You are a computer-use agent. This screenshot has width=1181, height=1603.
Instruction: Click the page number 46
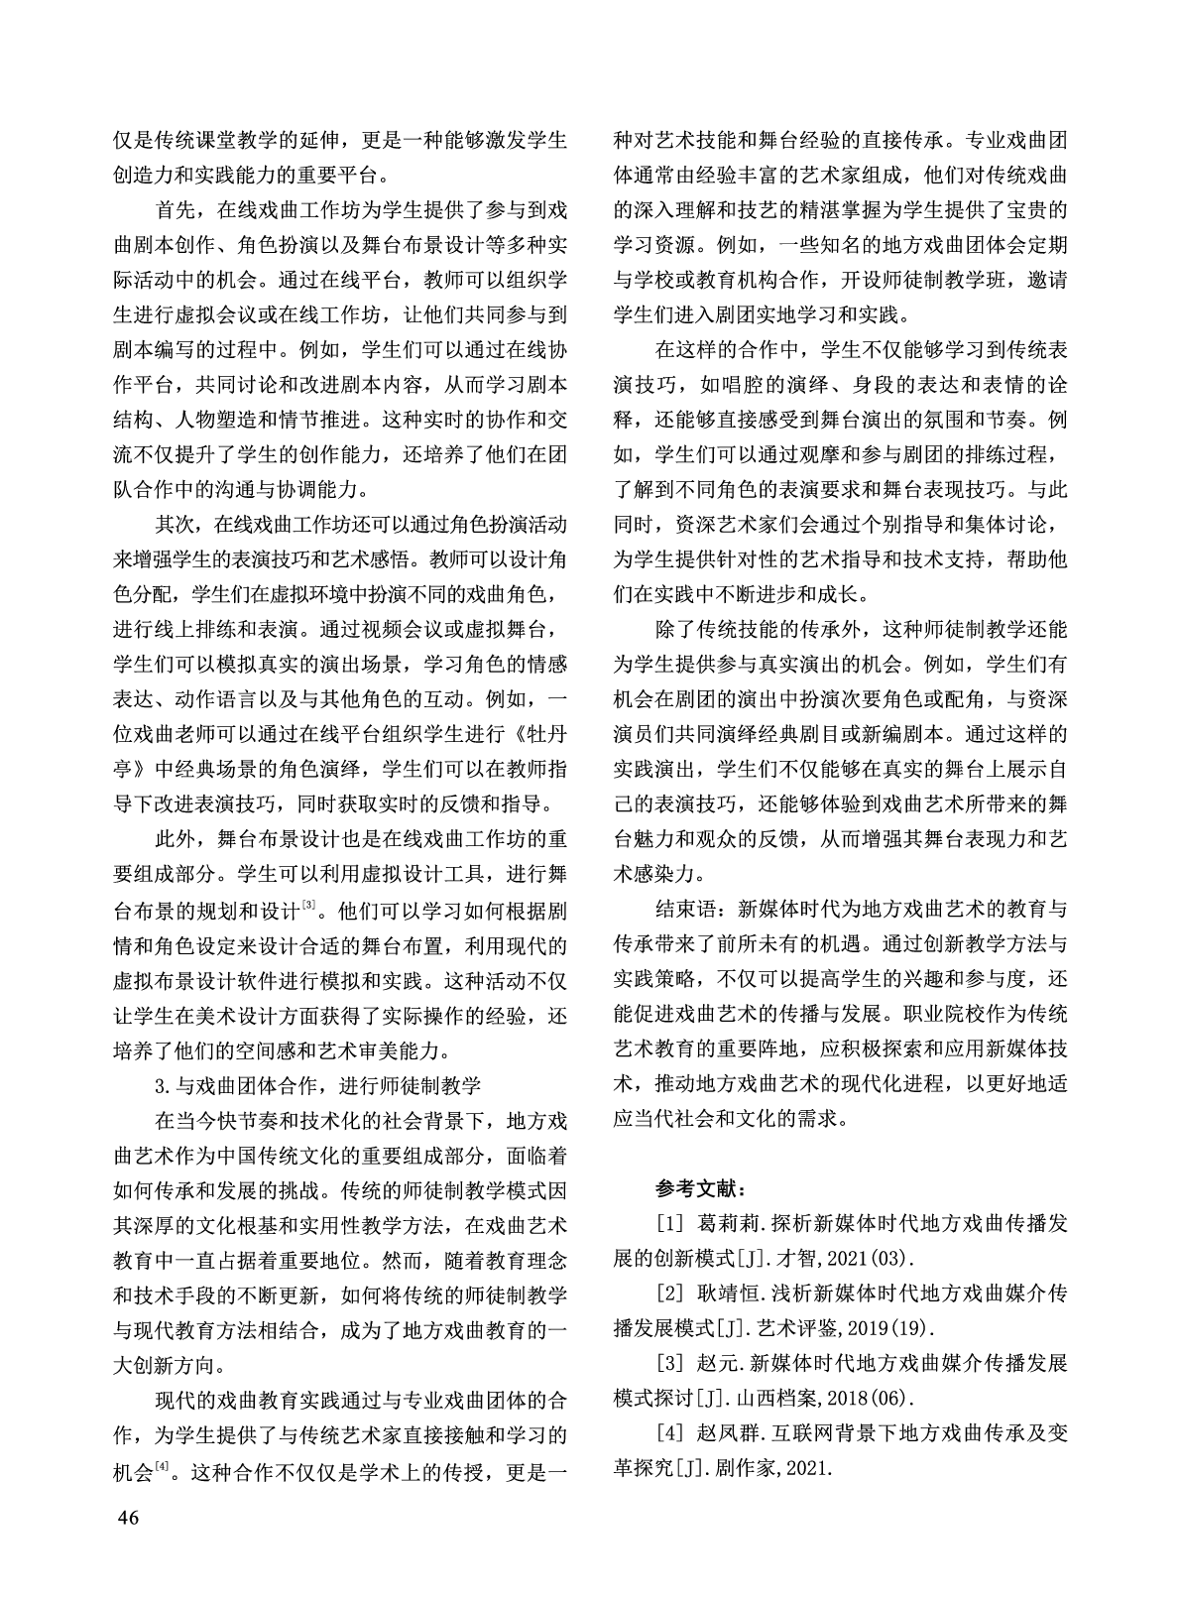(128, 1519)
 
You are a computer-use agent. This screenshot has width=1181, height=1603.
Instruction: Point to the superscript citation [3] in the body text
(308, 903)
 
